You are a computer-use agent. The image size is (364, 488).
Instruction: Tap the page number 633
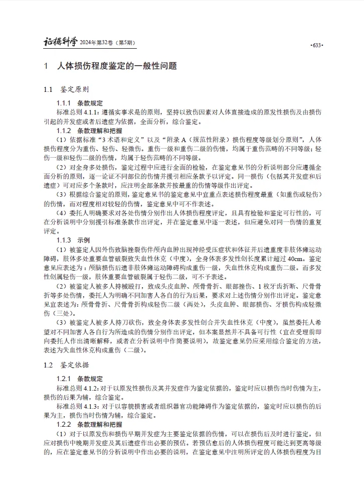316,45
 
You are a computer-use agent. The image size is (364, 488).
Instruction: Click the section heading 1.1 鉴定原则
66,89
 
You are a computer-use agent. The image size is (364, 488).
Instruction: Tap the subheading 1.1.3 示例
73,240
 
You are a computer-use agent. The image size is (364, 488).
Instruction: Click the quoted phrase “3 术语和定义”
121,139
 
